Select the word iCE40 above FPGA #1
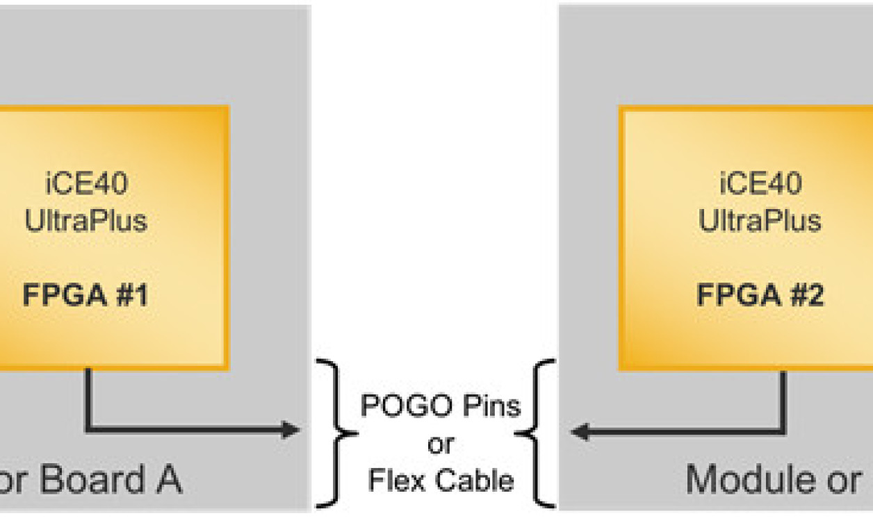click(x=85, y=185)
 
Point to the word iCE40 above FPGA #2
click(x=760, y=185)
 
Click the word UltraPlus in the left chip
click(x=85, y=221)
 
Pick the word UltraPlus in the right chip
click(x=760, y=221)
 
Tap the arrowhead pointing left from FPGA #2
click(x=578, y=432)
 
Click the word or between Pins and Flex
click(x=441, y=444)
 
